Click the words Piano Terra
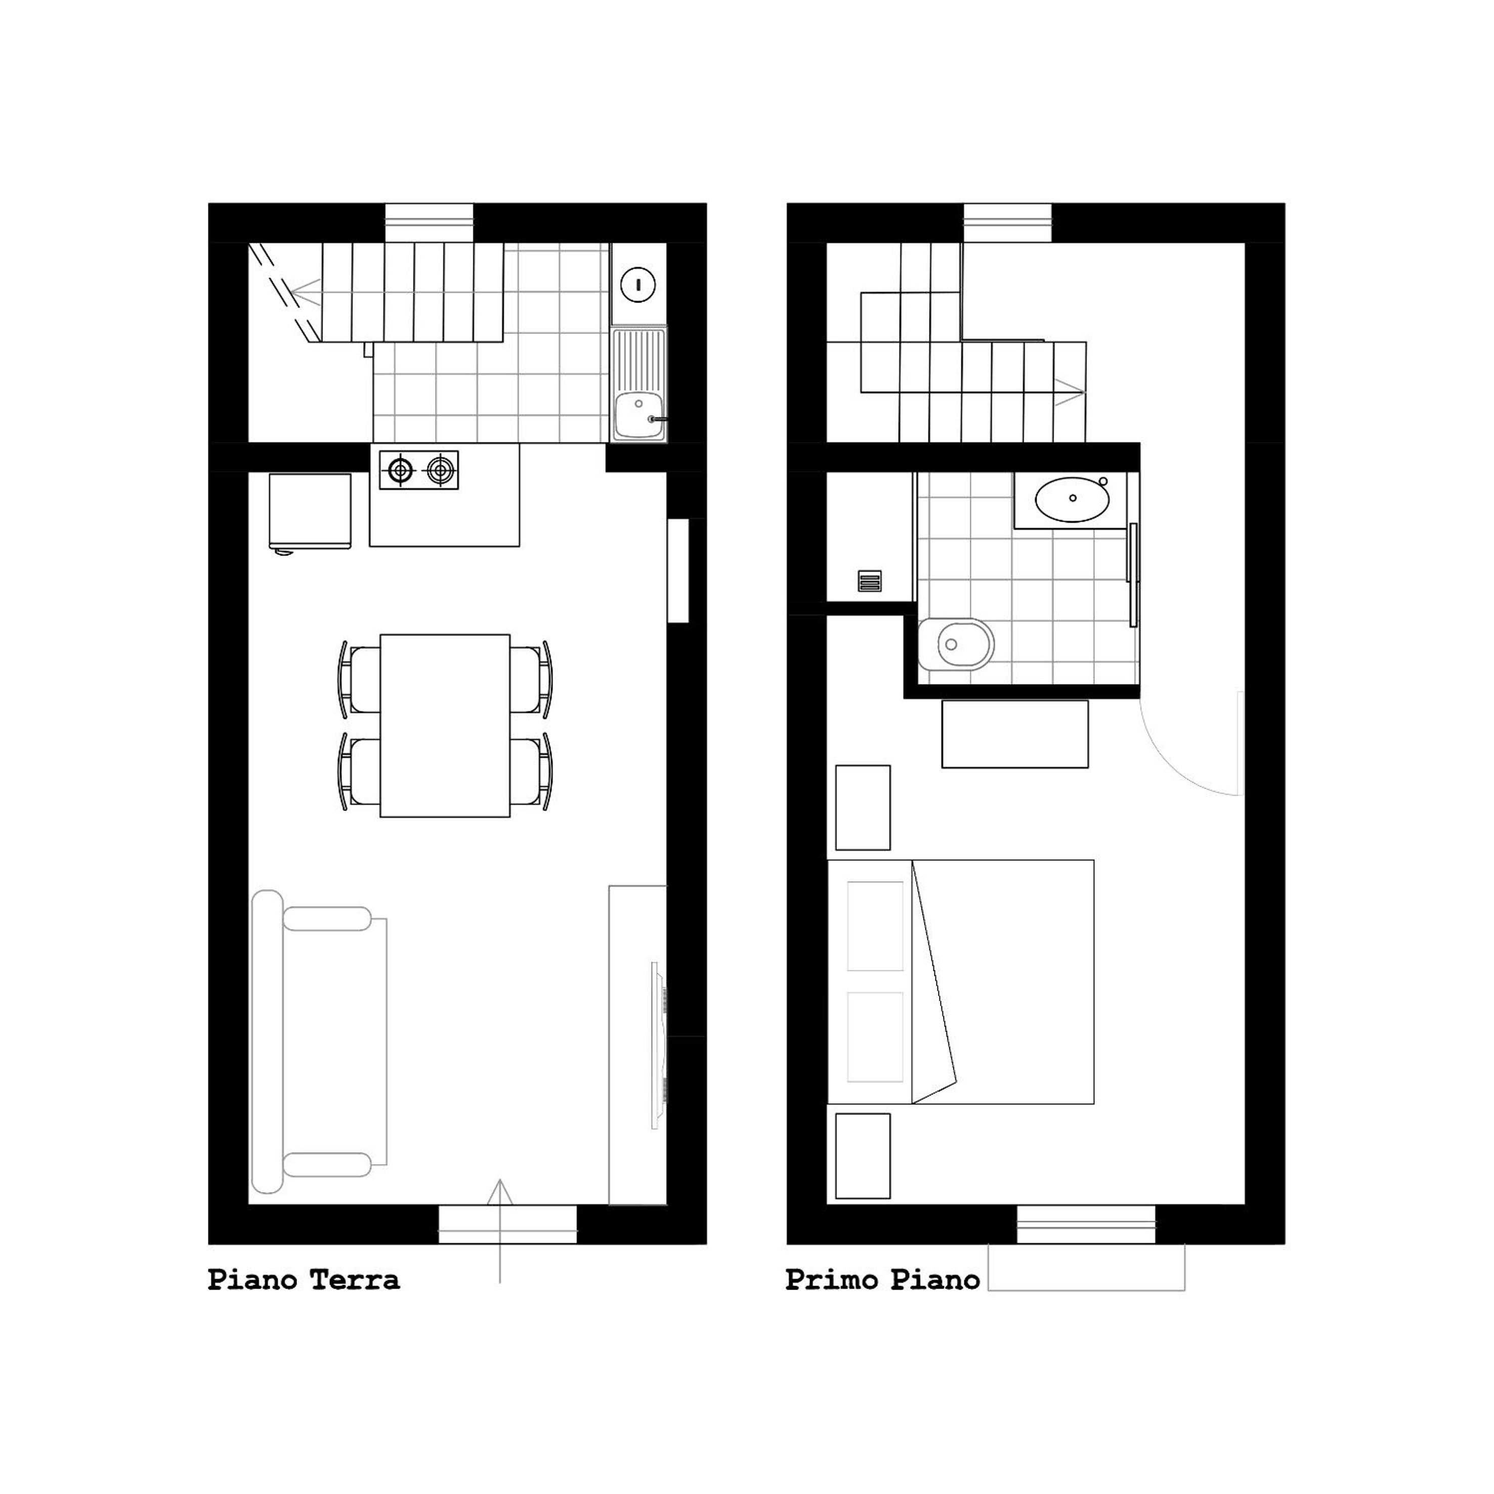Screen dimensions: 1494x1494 tap(304, 1280)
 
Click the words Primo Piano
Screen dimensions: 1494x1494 tap(882, 1280)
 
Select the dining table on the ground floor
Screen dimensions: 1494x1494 tap(445, 725)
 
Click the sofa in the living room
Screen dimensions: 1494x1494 tap(319, 1042)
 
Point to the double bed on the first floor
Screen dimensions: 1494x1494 tap(960, 981)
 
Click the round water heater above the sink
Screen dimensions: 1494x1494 tap(638, 284)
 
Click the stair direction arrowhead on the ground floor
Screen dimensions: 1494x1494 tap(306, 293)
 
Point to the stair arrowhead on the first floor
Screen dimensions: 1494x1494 tap(1071, 392)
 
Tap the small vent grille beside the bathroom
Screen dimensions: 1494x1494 tap(870, 581)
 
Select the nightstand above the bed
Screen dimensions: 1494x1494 tap(863, 807)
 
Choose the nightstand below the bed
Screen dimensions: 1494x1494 tap(863, 1156)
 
